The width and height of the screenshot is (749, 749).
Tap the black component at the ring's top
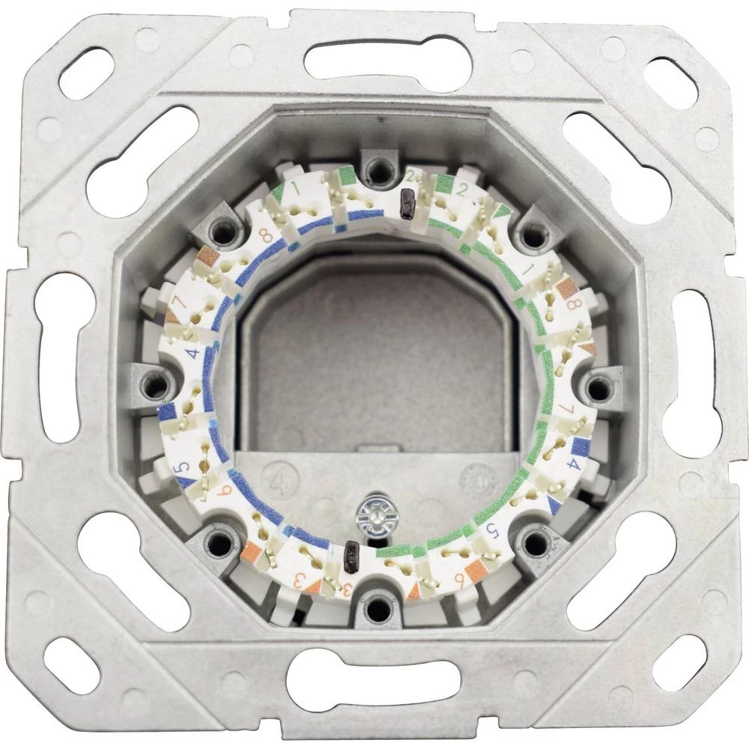tap(408, 202)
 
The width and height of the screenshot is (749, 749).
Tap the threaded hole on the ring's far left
tap(157, 386)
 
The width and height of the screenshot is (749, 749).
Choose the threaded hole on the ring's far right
tap(597, 387)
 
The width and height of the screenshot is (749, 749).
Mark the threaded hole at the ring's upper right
tap(533, 234)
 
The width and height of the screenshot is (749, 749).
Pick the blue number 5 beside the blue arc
tap(181, 470)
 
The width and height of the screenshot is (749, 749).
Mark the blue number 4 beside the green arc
tap(574, 464)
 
